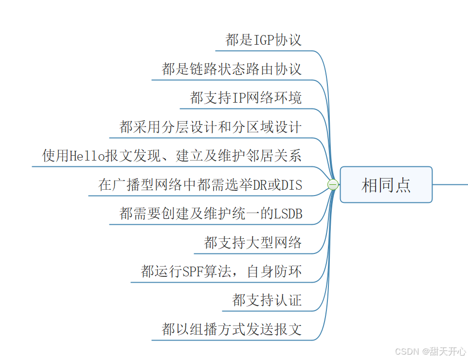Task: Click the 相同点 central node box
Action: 386,185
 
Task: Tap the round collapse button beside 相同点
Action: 333,185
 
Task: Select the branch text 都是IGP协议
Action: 264,40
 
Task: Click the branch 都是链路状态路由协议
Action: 232,69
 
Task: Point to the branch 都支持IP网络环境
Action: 246,98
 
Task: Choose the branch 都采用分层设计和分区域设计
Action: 210,127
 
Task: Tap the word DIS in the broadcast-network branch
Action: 290,185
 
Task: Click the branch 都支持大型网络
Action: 253,242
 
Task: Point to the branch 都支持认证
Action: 267,300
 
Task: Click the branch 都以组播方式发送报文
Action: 232,329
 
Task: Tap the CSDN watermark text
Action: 407,351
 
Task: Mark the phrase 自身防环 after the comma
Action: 274,271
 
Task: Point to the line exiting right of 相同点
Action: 450,184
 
